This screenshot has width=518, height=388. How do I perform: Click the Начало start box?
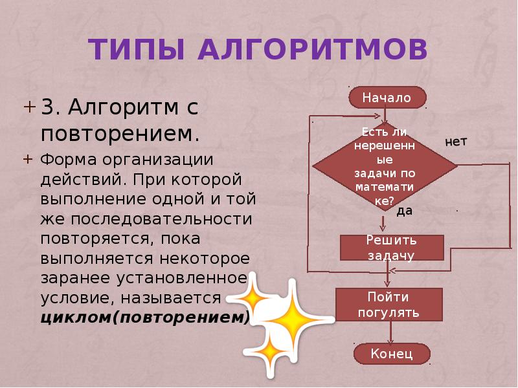pos(387,98)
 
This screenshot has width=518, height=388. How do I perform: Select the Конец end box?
pos(392,354)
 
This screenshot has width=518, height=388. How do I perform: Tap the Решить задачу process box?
pos(391,248)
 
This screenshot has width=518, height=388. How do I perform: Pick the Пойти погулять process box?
pos(388,305)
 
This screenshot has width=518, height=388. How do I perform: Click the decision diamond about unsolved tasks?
pos(385,166)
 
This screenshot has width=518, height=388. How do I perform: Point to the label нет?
pos(456,141)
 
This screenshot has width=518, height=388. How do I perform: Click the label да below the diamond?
pos(405,211)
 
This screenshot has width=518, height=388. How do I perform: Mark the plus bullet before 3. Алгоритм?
pos(30,106)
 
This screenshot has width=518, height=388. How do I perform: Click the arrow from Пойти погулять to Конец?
pos(390,333)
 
